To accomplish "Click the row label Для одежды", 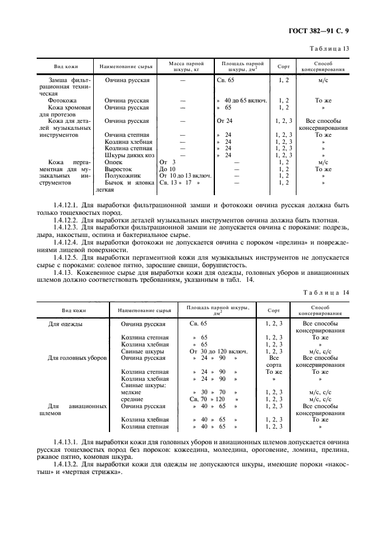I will (x=65, y=323).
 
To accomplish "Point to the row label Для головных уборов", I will (x=77, y=358).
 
